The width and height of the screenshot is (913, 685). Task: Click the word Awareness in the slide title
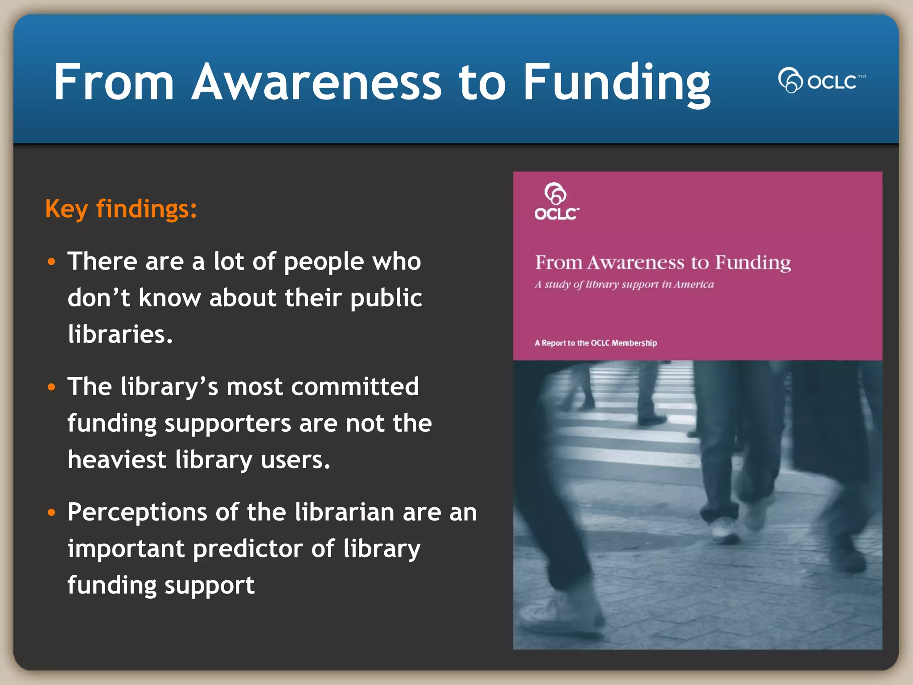pos(317,82)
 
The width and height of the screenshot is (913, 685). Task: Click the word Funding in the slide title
pos(617,83)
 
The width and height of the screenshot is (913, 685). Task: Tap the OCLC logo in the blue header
pos(821,81)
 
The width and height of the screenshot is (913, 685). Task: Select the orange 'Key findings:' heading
pos(121,209)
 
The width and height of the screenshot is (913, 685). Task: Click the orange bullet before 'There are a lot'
pos(52,261)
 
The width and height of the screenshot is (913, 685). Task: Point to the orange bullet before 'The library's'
pos(52,387)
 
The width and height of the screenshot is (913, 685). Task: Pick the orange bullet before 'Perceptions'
pos(52,512)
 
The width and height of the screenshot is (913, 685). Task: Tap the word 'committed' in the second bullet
pos(355,386)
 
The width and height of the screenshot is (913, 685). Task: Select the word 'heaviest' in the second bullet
pos(117,460)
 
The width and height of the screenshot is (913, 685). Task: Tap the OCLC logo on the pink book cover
pos(556,202)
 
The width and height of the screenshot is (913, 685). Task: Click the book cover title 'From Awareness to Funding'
pos(663,262)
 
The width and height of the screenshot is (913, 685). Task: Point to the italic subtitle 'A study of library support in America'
pos(624,285)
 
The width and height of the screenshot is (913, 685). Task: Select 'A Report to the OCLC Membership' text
pos(596,343)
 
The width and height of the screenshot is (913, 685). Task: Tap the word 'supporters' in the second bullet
pos(227,423)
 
